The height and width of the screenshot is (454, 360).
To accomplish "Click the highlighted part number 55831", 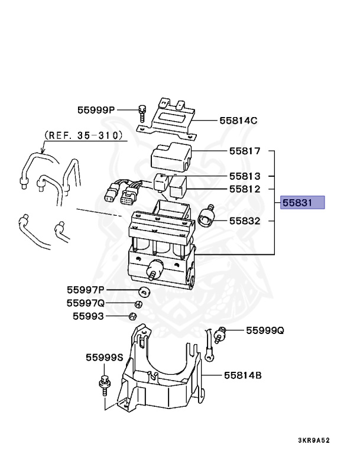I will pyautogui.click(x=303, y=203).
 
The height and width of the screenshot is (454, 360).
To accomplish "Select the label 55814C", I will pyautogui.click(x=238, y=120).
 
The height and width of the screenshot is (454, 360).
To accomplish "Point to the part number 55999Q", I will pyautogui.click(x=265, y=331).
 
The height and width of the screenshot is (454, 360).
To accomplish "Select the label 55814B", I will pyautogui.click(x=242, y=375).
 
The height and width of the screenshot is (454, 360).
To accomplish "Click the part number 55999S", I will pyautogui.click(x=104, y=358).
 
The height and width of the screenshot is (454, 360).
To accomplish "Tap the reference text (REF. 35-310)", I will pyautogui.click(x=85, y=135).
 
